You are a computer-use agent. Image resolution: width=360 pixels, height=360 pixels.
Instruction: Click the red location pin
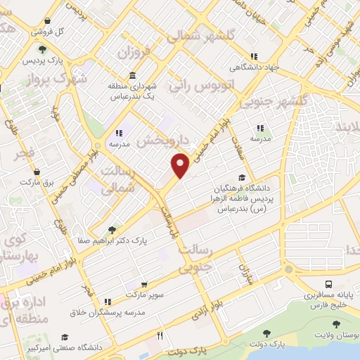pos(181,165)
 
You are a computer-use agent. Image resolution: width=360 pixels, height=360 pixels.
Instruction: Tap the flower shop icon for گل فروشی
pos(47,21)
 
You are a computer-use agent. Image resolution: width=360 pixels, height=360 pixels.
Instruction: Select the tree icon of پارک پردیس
pos(43,49)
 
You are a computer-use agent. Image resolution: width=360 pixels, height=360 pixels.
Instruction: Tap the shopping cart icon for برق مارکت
pos(36,172)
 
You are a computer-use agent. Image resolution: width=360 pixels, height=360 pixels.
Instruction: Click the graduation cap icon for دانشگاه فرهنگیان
pos(242,178)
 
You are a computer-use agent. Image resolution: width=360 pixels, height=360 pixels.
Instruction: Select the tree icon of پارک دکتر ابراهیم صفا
pos(112,229)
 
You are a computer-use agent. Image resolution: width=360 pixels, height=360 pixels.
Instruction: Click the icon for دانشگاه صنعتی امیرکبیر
pos(65,337)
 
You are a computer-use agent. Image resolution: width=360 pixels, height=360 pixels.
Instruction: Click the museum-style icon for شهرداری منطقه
pos(132,77)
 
